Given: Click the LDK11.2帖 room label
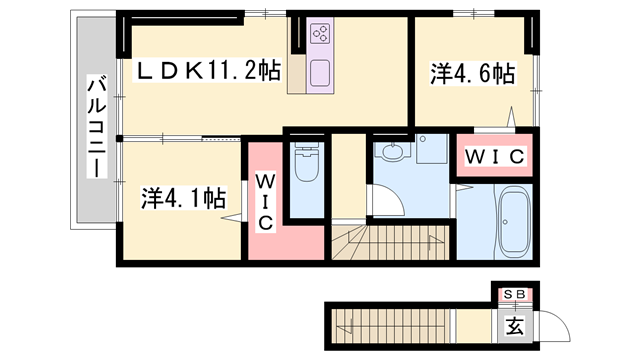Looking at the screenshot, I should coord(208,71).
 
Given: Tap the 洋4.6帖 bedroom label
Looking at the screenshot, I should coord(473,73).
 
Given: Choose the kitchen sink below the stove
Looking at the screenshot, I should coord(321,73).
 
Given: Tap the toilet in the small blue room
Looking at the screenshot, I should coord(306,171).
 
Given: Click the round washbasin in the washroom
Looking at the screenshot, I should coord(392,153).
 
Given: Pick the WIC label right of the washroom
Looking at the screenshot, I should coord(493,157).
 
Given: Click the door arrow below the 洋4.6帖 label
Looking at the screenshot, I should coord(512,118).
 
